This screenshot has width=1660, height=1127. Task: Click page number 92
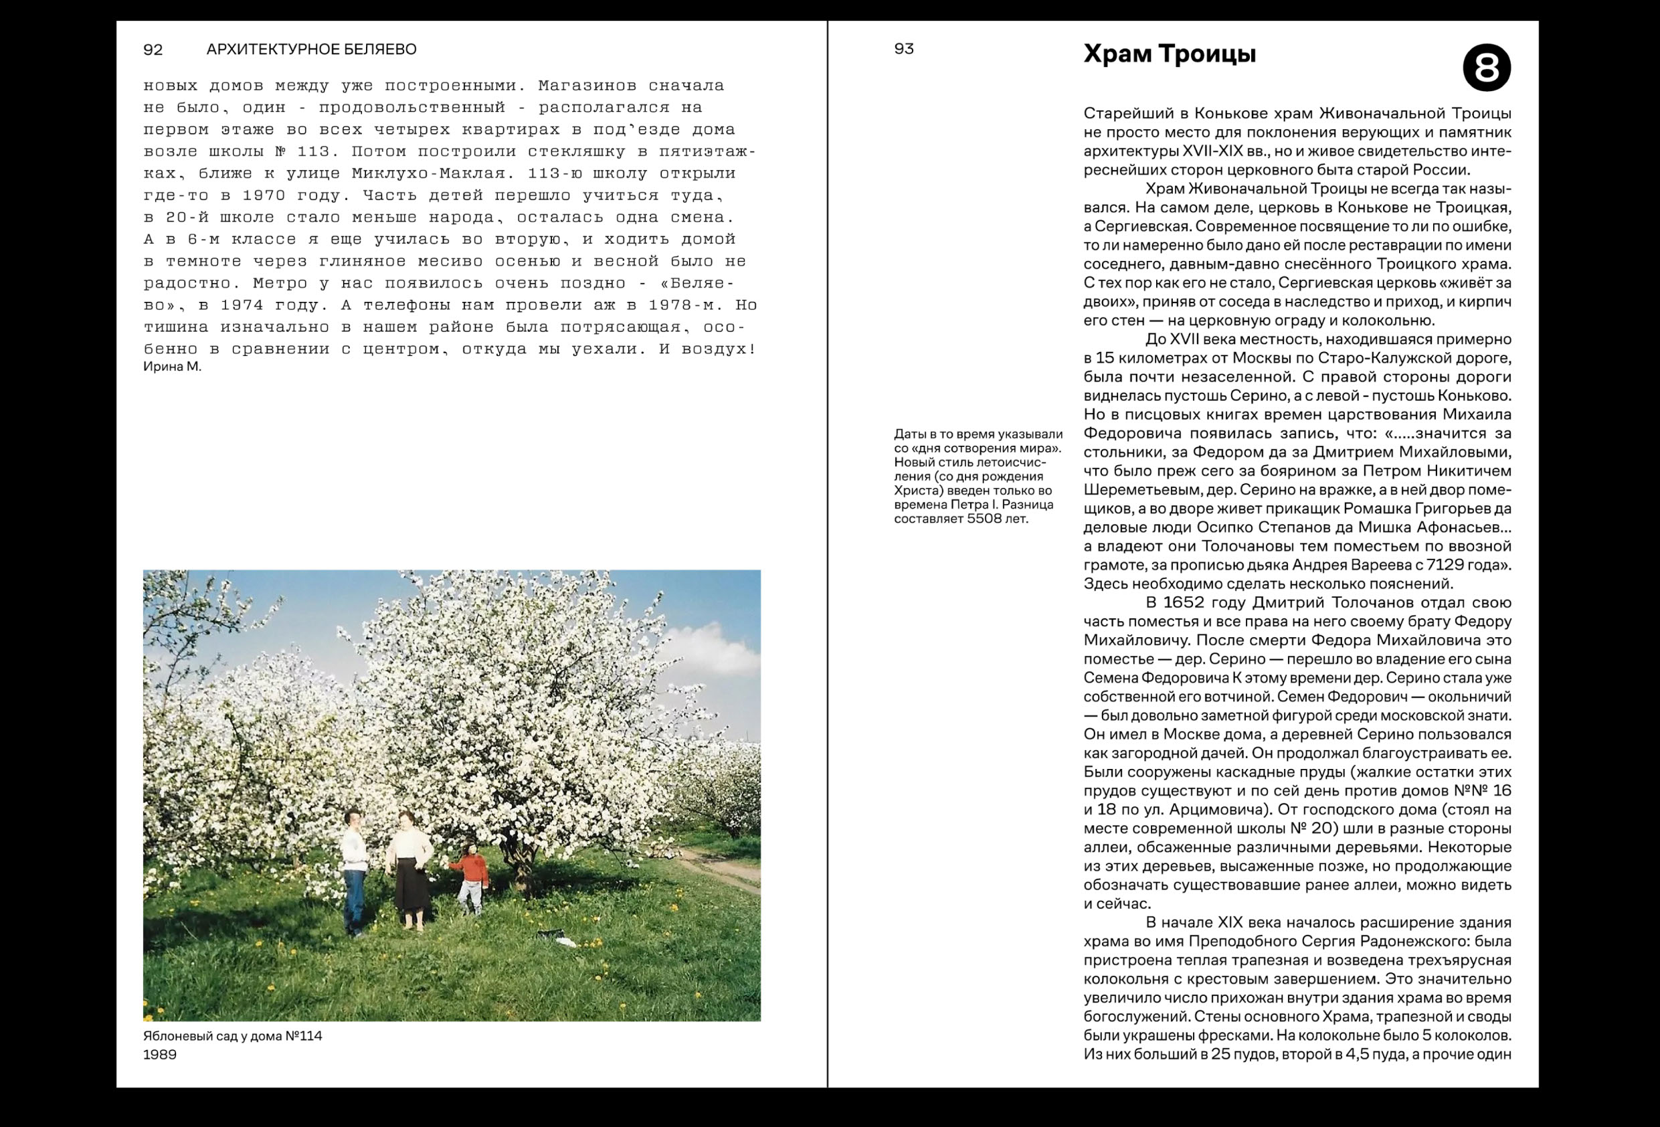tap(153, 50)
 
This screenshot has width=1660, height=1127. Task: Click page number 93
tap(903, 49)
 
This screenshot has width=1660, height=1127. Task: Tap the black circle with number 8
tap(1486, 68)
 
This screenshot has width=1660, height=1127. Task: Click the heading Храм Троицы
tap(1170, 54)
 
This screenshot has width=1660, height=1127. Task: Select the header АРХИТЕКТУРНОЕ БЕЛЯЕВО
tap(310, 50)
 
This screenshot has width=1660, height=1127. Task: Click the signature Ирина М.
tap(172, 367)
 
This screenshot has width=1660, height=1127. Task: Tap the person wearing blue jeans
tap(355, 872)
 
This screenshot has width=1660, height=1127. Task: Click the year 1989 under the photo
tap(159, 1054)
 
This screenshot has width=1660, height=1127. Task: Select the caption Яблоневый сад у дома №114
tap(232, 1035)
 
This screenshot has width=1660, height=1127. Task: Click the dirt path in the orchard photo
tap(721, 866)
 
